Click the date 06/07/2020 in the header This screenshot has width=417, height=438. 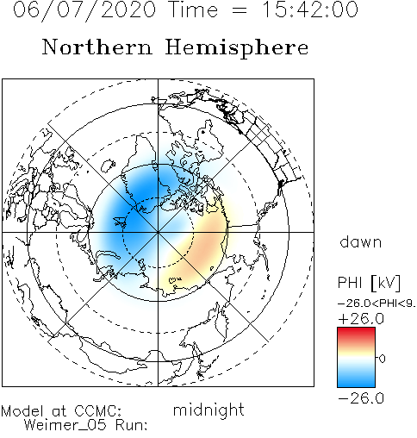[84, 9]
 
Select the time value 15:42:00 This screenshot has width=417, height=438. [310, 9]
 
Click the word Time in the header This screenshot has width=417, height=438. [194, 9]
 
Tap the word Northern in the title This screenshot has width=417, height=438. [96, 47]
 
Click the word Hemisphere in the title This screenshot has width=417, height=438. [237, 48]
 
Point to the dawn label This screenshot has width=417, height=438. [361, 241]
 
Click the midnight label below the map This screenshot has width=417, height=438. [208, 410]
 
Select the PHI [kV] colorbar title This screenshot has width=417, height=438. [369, 283]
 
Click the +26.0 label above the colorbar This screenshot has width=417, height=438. [361, 319]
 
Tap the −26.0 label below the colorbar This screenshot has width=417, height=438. [361, 398]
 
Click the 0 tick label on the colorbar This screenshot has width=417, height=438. [382, 359]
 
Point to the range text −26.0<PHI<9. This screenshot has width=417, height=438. [377, 303]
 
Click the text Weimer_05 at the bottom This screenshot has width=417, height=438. [65, 425]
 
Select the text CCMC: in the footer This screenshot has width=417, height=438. [98, 411]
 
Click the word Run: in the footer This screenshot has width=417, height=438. [132, 425]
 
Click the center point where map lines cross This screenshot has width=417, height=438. [158, 232]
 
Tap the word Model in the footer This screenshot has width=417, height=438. [22, 411]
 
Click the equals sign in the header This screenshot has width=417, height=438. [239, 10]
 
